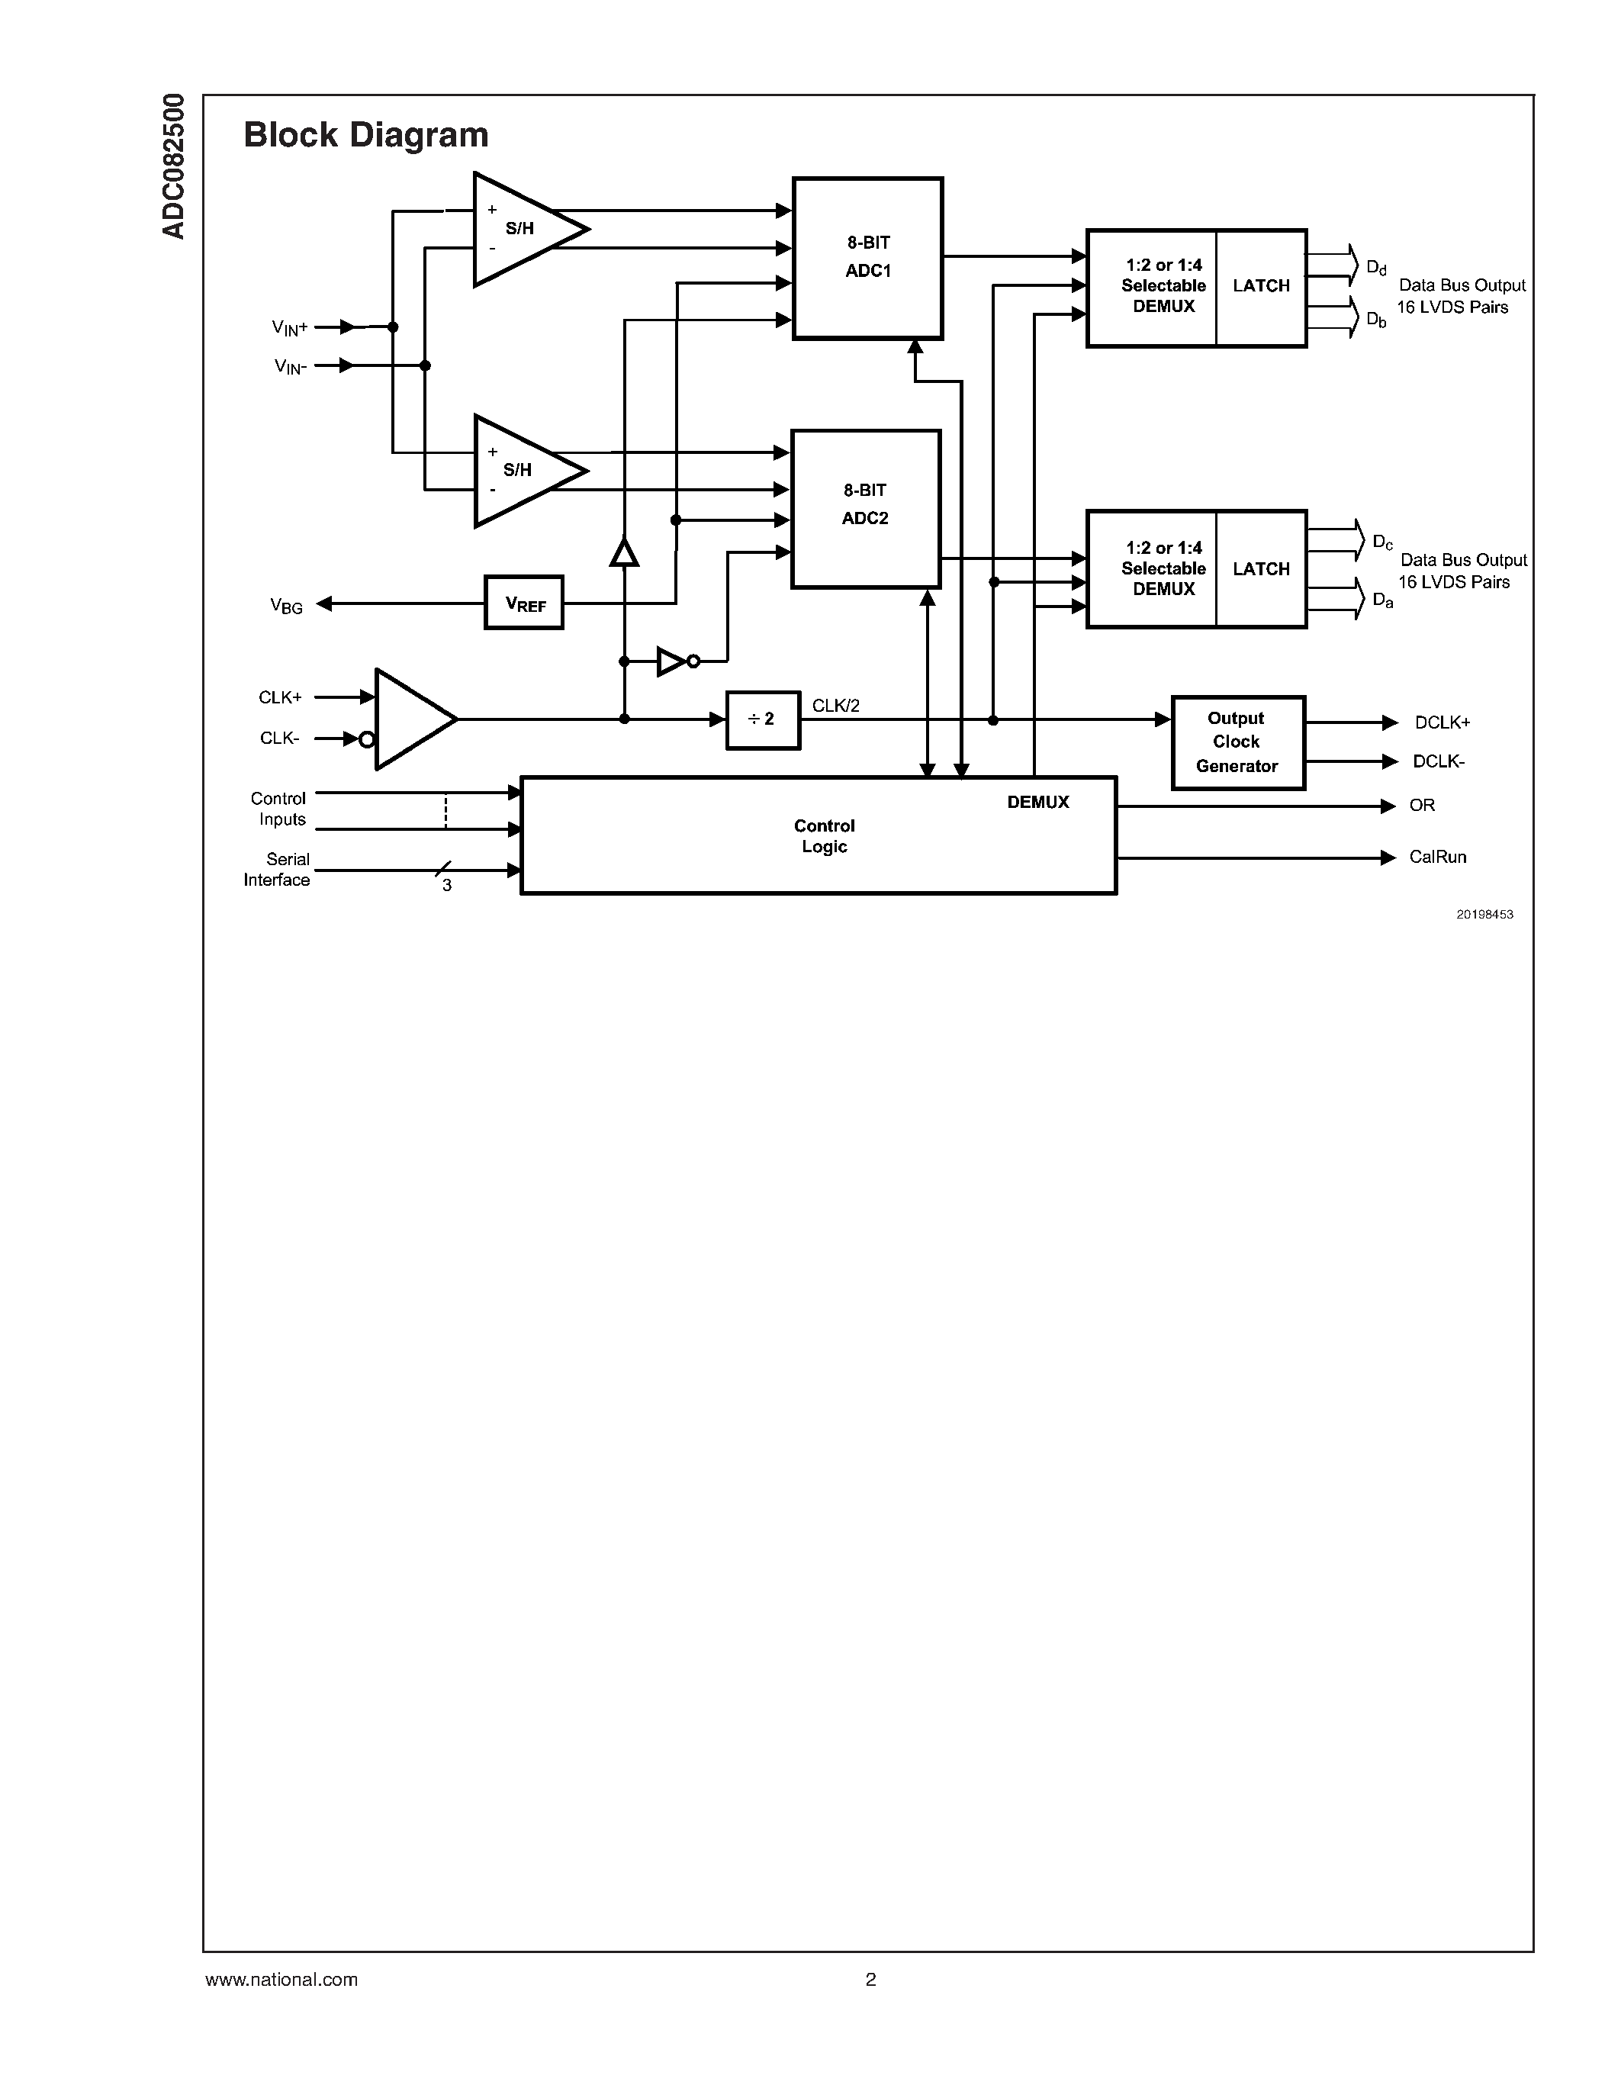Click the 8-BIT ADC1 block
(867, 257)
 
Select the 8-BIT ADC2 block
(865, 507)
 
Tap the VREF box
(524, 603)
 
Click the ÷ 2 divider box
(763, 719)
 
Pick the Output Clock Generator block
(1237, 742)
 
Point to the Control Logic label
(824, 835)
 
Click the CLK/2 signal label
(835, 705)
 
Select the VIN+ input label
(289, 327)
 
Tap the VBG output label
(286, 607)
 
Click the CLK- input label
(279, 738)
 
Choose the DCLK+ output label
(1442, 722)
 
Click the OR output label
(1421, 805)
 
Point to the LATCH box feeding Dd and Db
(1261, 286)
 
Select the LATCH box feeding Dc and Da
(1261, 568)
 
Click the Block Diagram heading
(366, 134)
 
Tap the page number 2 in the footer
(870, 1979)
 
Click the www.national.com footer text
(281, 1979)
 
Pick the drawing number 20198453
(1484, 915)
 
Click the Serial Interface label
(278, 870)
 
